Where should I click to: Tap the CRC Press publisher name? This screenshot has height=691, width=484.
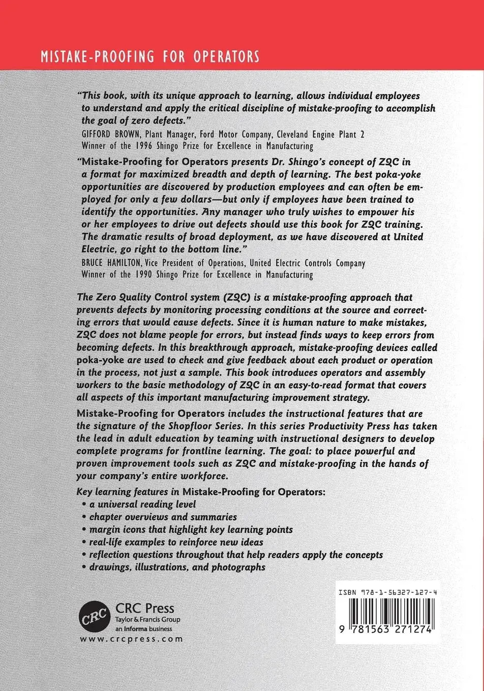(145, 608)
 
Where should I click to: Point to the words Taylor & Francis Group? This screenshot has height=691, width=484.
(147, 620)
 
